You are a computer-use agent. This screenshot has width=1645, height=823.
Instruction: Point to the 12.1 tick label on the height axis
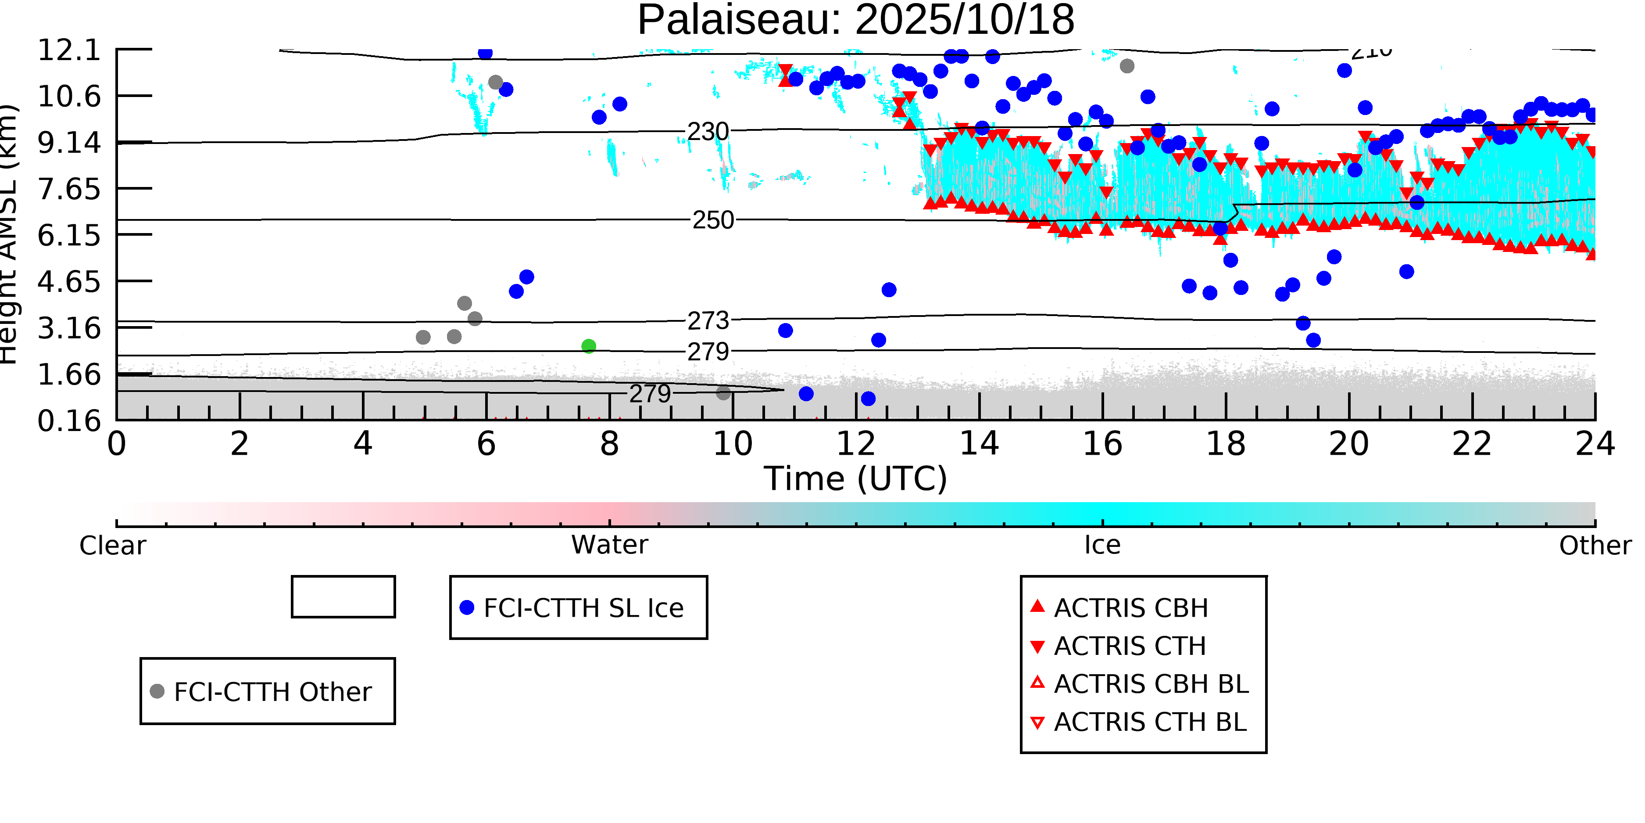pyautogui.click(x=69, y=50)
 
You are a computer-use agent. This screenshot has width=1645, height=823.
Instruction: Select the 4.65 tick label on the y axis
pyautogui.click(x=69, y=282)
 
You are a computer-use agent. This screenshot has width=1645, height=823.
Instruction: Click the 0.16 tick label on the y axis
pyautogui.click(x=69, y=421)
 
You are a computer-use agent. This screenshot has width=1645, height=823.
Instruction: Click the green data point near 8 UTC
pyautogui.click(x=589, y=346)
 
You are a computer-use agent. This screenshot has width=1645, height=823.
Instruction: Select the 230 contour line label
pyautogui.click(x=708, y=132)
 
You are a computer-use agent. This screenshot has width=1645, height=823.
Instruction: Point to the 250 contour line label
pyautogui.click(x=713, y=220)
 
